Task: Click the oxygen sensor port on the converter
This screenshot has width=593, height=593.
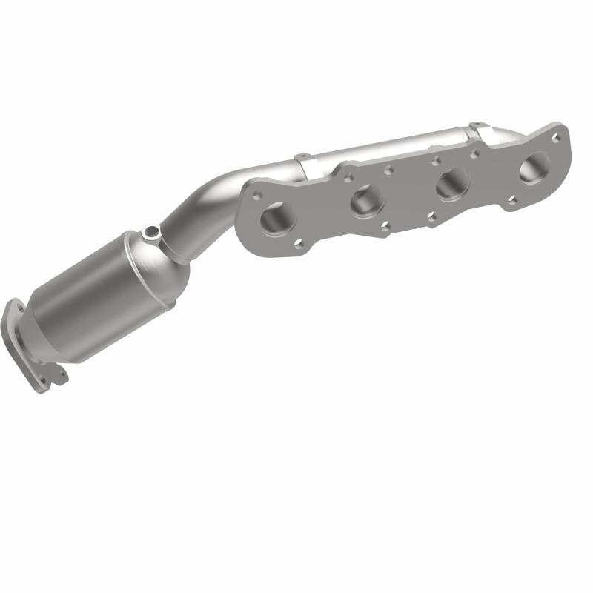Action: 152,233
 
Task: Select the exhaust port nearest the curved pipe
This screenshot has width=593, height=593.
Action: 278,216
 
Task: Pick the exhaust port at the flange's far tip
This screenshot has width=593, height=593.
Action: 534,168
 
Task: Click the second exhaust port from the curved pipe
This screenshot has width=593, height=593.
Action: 367,199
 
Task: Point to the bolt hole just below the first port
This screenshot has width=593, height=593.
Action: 298,242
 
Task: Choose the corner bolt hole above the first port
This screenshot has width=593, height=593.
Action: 257,194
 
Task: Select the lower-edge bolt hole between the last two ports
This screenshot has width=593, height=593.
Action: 512,199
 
